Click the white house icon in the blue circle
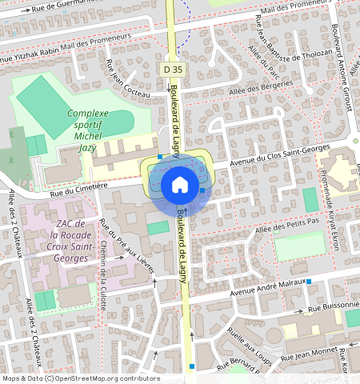point(180,185)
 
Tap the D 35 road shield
point(170,70)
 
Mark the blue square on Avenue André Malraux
point(309,282)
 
